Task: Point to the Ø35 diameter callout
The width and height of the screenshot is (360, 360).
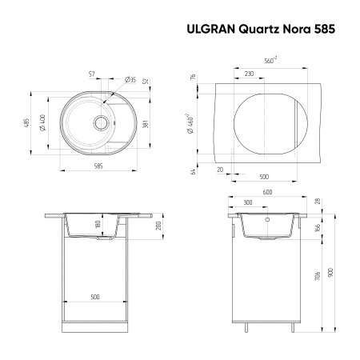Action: (x=129, y=78)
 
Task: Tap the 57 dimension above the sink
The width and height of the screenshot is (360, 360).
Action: (x=92, y=74)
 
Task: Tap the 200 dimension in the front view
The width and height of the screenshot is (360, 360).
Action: (x=162, y=226)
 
